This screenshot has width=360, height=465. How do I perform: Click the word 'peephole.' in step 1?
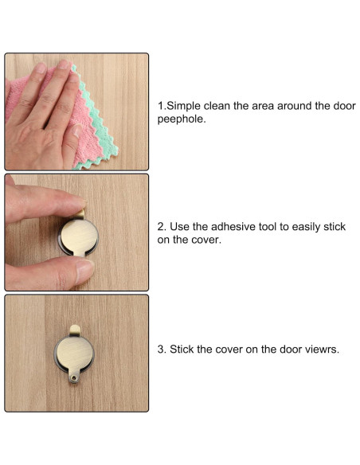pyautogui.click(x=181, y=119)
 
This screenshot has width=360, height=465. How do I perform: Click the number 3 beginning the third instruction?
pyautogui.click(x=162, y=350)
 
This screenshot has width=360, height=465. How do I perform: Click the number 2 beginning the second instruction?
pyautogui.click(x=162, y=227)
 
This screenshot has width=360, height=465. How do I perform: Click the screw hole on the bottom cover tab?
pyautogui.click(x=74, y=377)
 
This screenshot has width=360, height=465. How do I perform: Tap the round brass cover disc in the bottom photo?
pyautogui.click(x=74, y=354)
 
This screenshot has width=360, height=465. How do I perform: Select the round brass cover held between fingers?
pyautogui.click(x=79, y=236)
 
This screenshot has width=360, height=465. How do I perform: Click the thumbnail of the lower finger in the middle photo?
pyautogui.click(x=84, y=271)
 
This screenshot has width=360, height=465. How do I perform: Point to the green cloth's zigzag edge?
pyautogui.click(x=94, y=119)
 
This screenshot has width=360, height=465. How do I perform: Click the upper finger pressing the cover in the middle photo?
pyautogui.click(x=45, y=201)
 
